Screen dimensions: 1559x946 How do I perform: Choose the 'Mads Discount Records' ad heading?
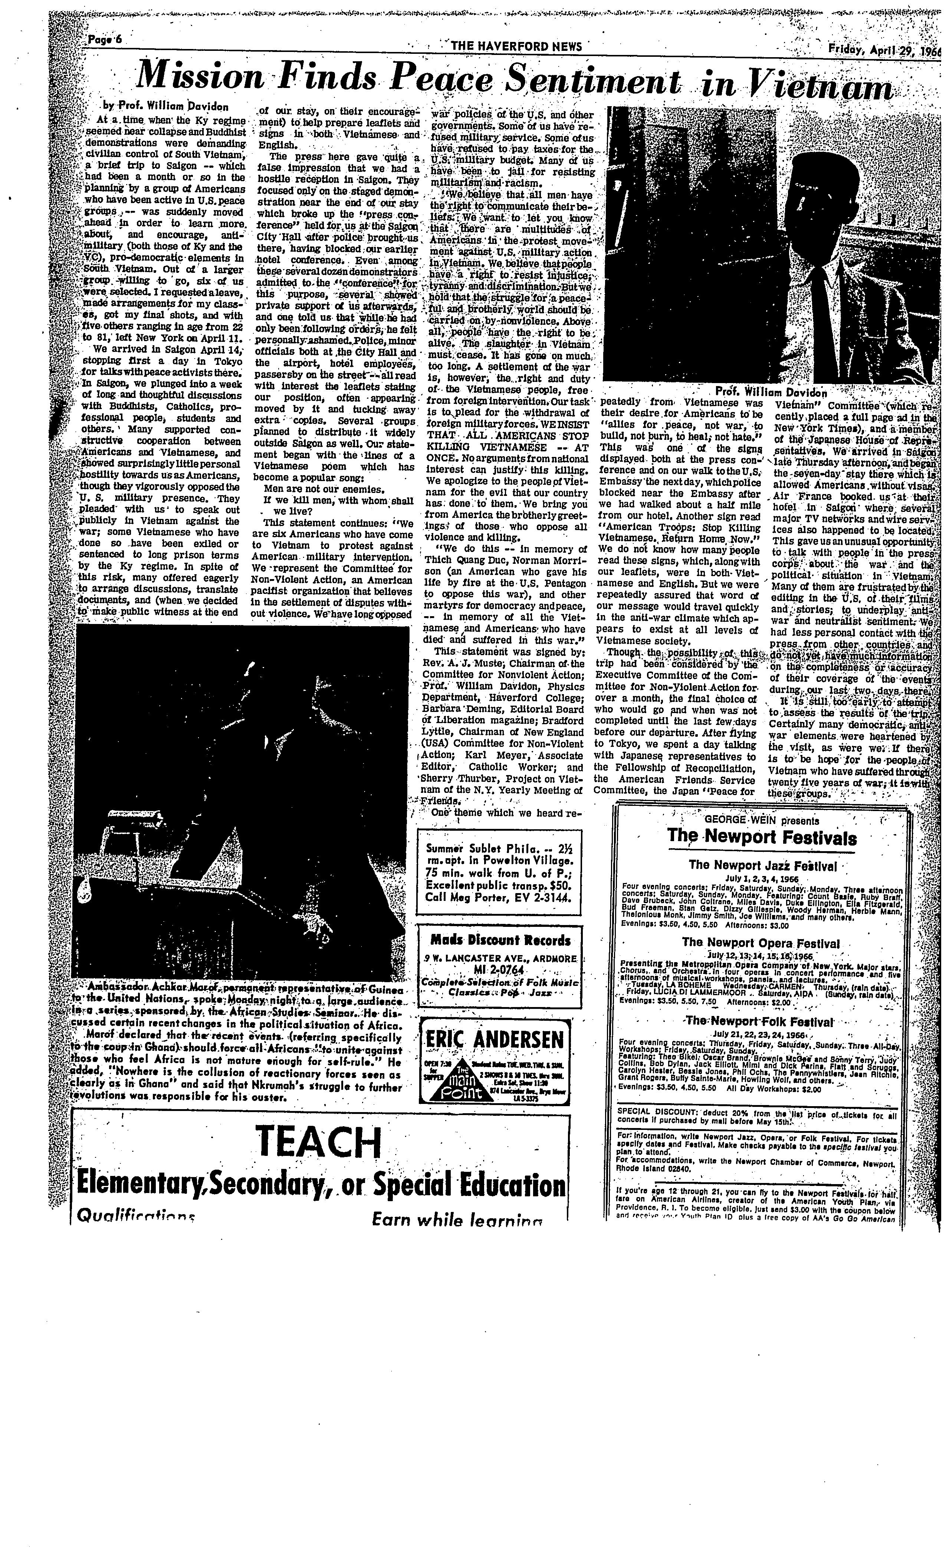tap(499, 940)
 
